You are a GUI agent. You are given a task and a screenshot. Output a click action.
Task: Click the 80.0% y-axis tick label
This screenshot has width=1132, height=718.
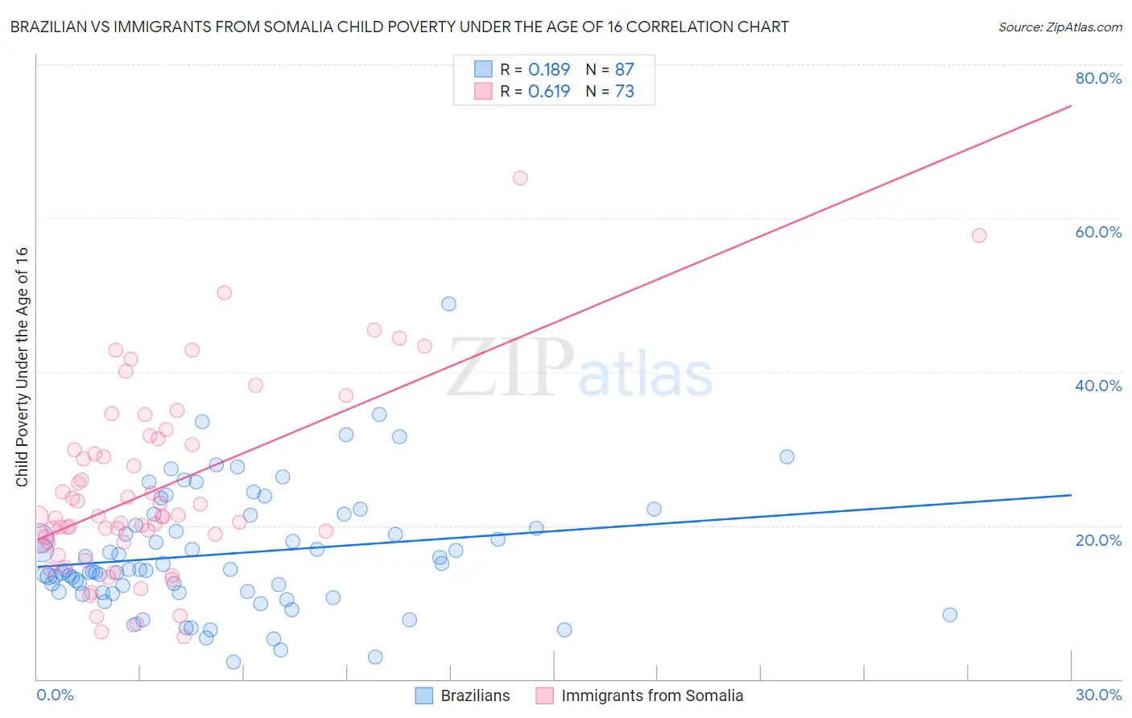tap(1098, 78)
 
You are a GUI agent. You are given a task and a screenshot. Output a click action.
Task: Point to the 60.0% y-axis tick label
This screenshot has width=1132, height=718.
tap(1098, 232)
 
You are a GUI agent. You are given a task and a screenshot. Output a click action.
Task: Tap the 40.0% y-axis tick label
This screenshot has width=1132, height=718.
tap(1098, 386)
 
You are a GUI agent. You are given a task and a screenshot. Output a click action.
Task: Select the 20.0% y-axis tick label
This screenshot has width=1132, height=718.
tap(1098, 539)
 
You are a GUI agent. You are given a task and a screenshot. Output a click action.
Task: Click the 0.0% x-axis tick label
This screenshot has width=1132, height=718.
tap(55, 695)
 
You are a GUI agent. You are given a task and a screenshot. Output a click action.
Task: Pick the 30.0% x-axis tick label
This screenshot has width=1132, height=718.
tap(1098, 695)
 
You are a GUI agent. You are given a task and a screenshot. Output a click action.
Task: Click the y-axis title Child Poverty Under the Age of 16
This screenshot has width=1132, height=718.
tap(22, 366)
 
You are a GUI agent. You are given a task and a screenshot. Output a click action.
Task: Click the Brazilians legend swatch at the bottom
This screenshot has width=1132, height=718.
tap(424, 695)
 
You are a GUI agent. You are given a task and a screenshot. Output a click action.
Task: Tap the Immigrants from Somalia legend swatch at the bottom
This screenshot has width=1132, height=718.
tap(545, 695)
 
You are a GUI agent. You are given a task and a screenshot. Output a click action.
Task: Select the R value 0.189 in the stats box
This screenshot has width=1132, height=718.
tap(549, 70)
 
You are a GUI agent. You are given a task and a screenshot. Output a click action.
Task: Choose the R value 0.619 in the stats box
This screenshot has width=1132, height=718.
tap(549, 92)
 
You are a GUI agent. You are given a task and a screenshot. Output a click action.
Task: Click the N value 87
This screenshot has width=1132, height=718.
tap(624, 70)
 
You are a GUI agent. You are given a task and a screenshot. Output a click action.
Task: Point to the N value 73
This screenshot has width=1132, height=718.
tap(624, 92)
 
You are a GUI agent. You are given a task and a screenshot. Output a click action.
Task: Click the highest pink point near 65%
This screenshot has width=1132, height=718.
tap(520, 178)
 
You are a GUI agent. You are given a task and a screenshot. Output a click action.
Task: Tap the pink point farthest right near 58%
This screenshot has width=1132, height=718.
tap(979, 235)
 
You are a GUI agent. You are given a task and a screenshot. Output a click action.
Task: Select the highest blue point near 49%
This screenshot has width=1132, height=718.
tap(448, 303)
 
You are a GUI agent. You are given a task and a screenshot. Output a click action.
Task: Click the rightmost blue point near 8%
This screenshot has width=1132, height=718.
tap(950, 614)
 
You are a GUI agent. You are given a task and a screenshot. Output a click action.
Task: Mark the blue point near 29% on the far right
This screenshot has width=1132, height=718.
tap(787, 456)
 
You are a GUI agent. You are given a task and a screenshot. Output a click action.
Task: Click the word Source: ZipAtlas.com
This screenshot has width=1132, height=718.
tap(1060, 27)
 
